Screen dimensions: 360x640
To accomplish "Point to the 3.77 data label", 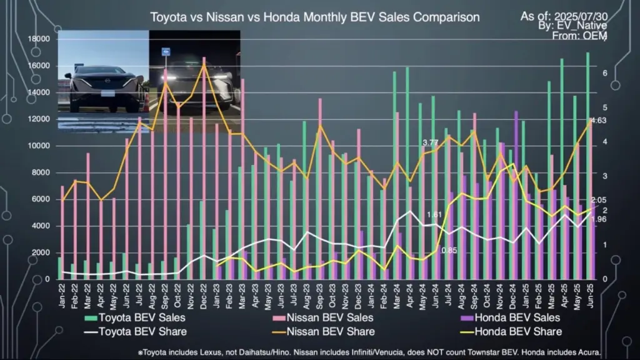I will [x=430, y=143].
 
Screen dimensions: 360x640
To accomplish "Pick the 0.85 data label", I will [x=449, y=250].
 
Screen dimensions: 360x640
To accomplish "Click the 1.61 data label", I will [x=435, y=215].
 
